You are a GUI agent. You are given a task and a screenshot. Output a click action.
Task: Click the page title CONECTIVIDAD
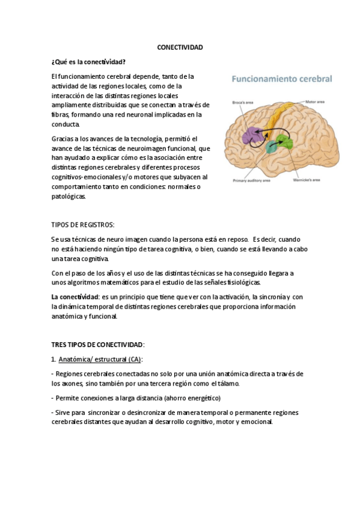pyautogui.click(x=180, y=48)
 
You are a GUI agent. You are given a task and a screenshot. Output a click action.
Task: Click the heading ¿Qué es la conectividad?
pyautogui.click(x=88, y=61)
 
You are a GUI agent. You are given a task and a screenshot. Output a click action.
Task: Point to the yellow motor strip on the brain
pyautogui.click(x=281, y=120)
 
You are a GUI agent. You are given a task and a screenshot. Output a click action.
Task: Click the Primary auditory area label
pyautogui.click(x=252, y=179)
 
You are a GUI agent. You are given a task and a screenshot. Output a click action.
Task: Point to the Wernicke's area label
pyautogui.click(x=307, y=179)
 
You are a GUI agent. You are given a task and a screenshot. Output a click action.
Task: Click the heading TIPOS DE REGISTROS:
pyautogui.click(x=83, y=224)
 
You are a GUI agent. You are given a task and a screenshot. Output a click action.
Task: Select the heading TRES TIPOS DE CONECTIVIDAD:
pyautogui.click(x=98, y=345)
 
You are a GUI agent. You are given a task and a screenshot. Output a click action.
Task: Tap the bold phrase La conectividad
pyautogui.click(x=75, y=297)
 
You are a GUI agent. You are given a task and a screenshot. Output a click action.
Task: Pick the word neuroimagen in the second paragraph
pyautogui.click(x=141, y=148)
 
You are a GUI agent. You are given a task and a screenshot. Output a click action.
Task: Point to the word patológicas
pyautogui.click(x=69, y=196)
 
